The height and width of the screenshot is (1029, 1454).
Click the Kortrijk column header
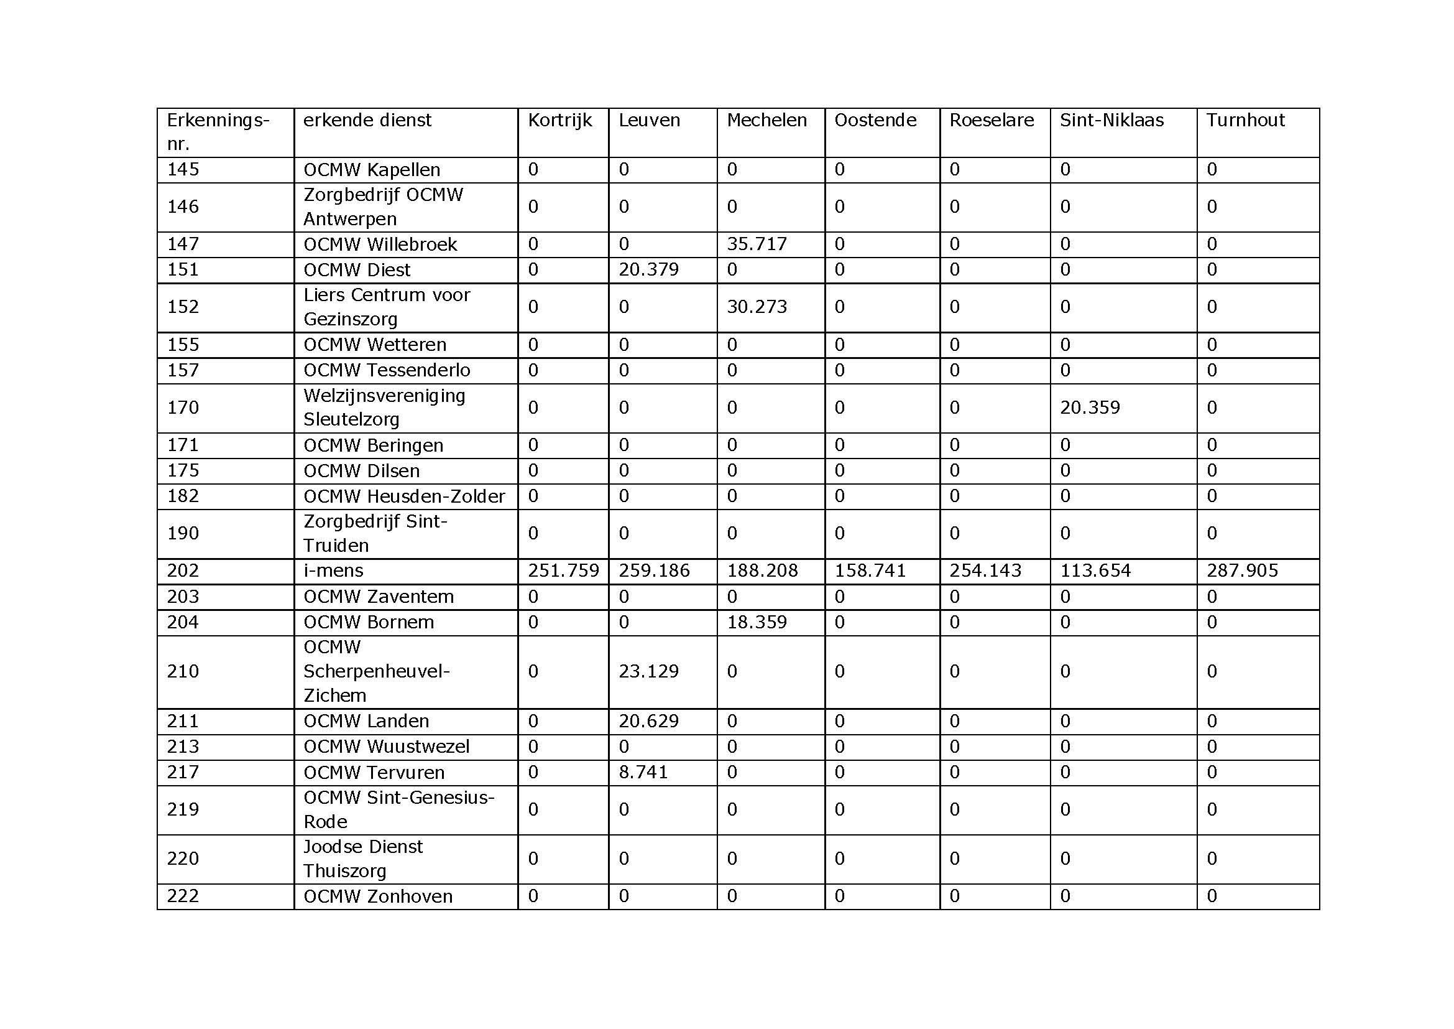[x=560, y=121]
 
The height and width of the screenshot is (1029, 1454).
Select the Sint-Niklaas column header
[x=1111, y=121]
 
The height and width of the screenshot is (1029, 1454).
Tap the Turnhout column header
[x=1245, y=121]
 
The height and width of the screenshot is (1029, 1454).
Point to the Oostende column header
[x=875, y=121]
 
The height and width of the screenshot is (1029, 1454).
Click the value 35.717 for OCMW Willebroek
[x=757, y=244]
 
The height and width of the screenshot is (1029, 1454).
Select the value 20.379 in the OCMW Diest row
[x=648, y=270]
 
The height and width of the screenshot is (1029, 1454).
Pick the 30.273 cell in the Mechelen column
[x=757, y=307]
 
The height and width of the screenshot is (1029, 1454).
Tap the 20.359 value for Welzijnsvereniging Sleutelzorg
[x=1090, y=407]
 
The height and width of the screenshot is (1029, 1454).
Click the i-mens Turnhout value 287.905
[x=1242, y=571]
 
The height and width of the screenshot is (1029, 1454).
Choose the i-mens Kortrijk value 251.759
[x=563, y=571]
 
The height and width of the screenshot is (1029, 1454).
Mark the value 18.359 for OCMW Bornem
[x=757, y=622]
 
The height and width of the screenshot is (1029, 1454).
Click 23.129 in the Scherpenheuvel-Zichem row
[x=648, y=671]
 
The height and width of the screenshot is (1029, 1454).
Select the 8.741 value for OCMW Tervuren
[x=643, y=773]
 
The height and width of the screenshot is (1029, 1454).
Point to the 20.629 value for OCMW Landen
[x=648, y=721]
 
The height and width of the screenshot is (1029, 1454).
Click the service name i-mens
[x=333, y=571]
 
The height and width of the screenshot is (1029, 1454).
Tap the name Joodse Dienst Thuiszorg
[x=363, y=859]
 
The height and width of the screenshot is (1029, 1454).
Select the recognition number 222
[x=183, y=896]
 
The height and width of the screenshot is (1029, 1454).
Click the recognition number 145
[x=183, y=170]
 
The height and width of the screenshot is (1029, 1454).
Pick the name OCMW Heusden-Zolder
[x=404, y=496]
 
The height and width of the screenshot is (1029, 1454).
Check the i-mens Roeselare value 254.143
[x=985, y=571]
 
